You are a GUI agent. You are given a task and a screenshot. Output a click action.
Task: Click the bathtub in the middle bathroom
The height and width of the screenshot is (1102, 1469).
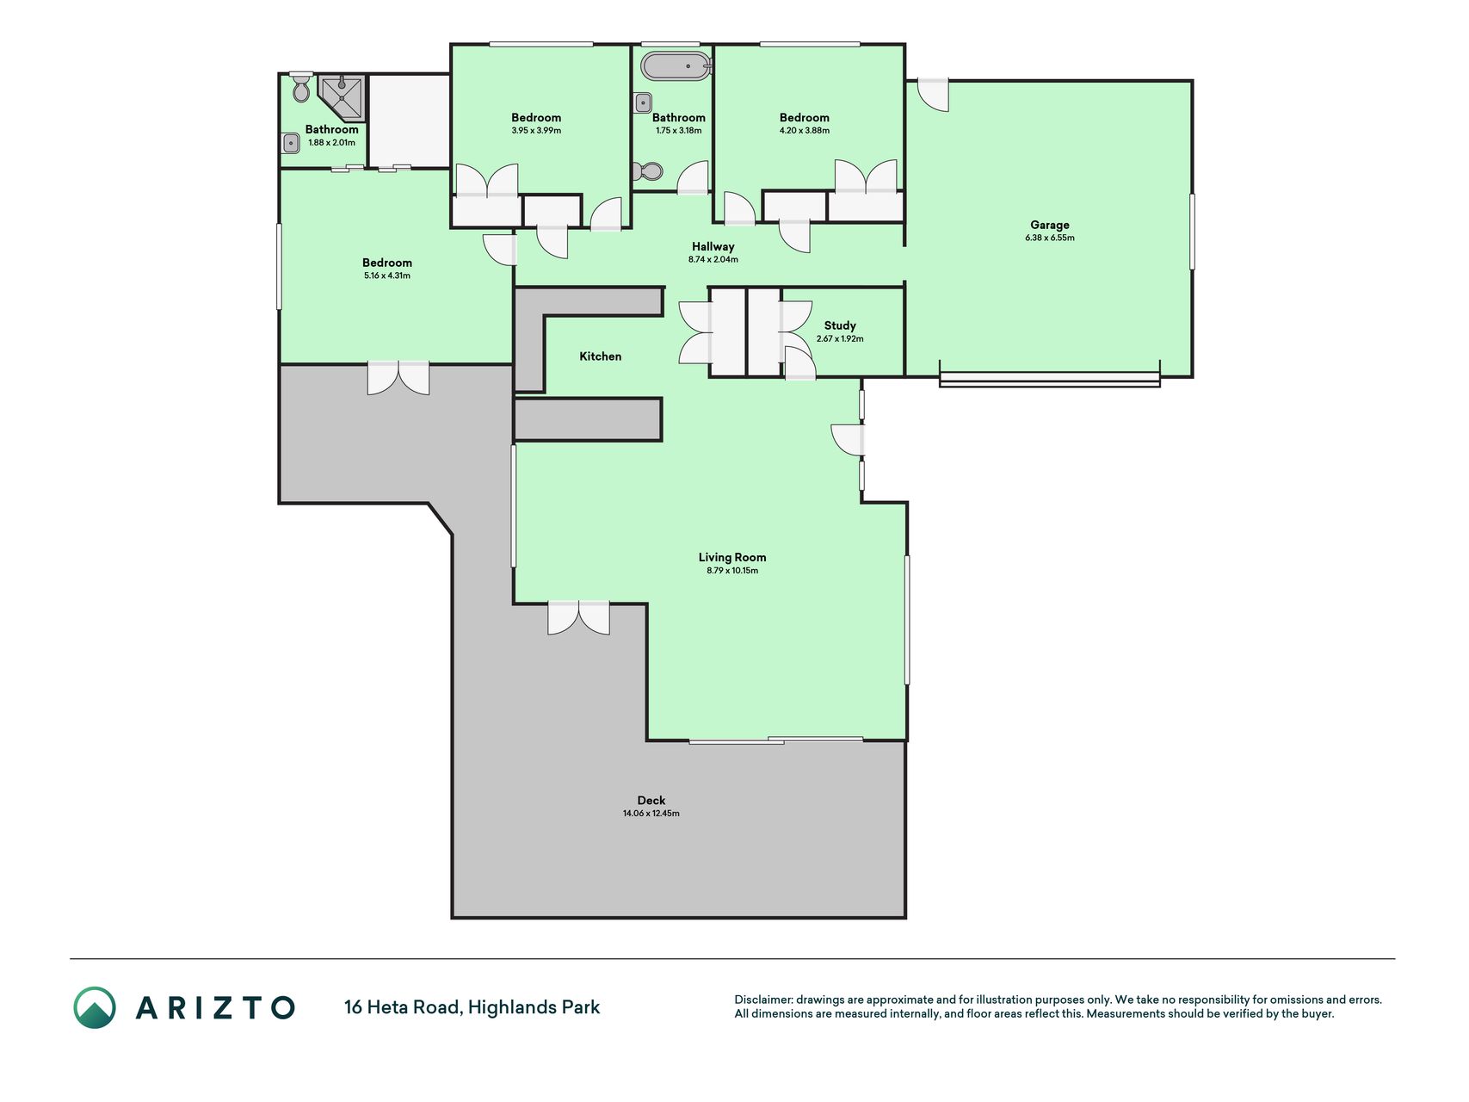pyautogui.click(x=676, y=66)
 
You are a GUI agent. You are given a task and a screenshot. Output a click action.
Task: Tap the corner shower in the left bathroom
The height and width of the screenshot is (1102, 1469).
pyautogui.click(x=343, y=97)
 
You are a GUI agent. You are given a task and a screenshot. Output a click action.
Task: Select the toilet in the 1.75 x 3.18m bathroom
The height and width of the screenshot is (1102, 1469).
pyautogui.click(x=648, y=171)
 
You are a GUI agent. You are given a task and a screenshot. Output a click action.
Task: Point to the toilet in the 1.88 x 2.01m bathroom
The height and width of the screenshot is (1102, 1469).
pyautogui.click(x=300, y=88)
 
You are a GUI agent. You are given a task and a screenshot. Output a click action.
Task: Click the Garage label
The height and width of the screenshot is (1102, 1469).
pyautogui.click(x=1049, y=225)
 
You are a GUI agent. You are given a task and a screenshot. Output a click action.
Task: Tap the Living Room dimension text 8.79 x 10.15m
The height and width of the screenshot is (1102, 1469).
pyautogui.click(x=732, y=571)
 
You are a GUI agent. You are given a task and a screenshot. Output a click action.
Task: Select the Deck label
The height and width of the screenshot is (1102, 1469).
pyautogui.click(x=651, y=801)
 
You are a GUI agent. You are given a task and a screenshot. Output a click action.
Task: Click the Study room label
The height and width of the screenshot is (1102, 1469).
pyautogui.click(x=840, y=325)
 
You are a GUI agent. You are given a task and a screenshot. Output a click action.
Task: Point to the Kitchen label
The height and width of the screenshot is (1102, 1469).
pyautogui.click(x=600, y=356)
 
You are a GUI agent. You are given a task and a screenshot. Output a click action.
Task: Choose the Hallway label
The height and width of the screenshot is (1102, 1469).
pyautogui.click(x=713, y=247)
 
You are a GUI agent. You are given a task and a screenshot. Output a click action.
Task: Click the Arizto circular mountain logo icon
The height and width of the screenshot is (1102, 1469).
pyautogui.click(x=95, y=1007)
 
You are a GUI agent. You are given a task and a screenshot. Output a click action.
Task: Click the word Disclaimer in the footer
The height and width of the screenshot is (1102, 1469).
pyautogui.click(x=762, y=1000)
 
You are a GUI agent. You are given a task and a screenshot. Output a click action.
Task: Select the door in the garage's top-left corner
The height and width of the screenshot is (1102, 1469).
pyautogui.click(x=933, y=95)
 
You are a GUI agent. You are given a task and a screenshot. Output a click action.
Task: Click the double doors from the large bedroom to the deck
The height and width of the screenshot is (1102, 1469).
pyautogui.click(x=398, y=378)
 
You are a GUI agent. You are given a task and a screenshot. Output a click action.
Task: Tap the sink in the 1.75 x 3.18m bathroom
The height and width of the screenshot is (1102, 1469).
pyautogui.click(x=643, y=103)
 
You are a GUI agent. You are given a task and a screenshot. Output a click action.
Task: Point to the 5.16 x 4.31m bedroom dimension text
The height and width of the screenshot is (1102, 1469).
pyautogui.click(x=387, y=276)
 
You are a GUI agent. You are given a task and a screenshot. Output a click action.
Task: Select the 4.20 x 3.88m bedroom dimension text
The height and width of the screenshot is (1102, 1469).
pyautogui.click(x=805, y=131)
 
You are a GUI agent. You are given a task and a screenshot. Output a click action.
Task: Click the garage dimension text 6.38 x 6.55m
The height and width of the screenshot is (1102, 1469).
pyautogui.click(x=1050, y=238)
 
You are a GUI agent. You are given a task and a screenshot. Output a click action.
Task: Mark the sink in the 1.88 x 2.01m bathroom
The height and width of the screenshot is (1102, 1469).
pyautogui.click(x=291, y=143)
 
